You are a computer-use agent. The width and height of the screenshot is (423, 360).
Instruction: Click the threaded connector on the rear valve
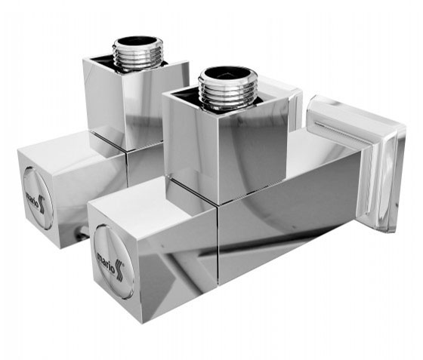click(x=138, y=53)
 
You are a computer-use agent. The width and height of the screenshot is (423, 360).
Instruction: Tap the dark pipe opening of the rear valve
click(x=138, y=42)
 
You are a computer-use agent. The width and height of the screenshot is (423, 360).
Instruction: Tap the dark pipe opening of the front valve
click(x=227, y=73)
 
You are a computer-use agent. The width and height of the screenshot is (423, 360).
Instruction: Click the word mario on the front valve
click(x=106, y=260)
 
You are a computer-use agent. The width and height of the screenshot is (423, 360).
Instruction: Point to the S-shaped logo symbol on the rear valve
click(x=42, y=205)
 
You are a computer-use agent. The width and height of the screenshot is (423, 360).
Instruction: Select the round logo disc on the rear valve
click(x=38, y=198)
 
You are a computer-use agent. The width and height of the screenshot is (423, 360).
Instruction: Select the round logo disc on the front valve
click(x=114, y=262)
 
